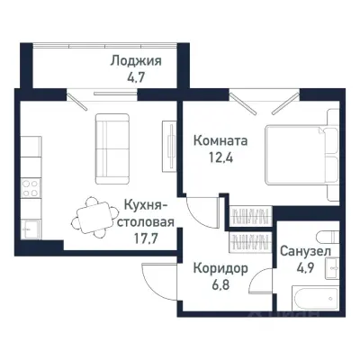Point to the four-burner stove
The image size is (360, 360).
pos(29,189)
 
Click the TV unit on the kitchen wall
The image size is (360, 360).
pos(167,139)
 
